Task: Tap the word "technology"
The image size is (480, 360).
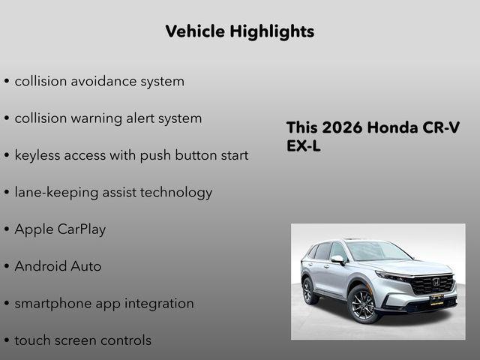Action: tap(175, 193)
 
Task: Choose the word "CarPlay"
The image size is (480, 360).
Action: tap(82, 229)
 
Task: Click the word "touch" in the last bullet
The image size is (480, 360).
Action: tap(33, 340)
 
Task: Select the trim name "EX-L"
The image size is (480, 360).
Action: tap(304, 146)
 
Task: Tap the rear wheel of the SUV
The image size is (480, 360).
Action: tap(307, 291)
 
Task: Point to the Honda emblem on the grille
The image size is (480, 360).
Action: tap(436, 283)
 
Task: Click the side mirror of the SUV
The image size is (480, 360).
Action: tap(338, 260)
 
